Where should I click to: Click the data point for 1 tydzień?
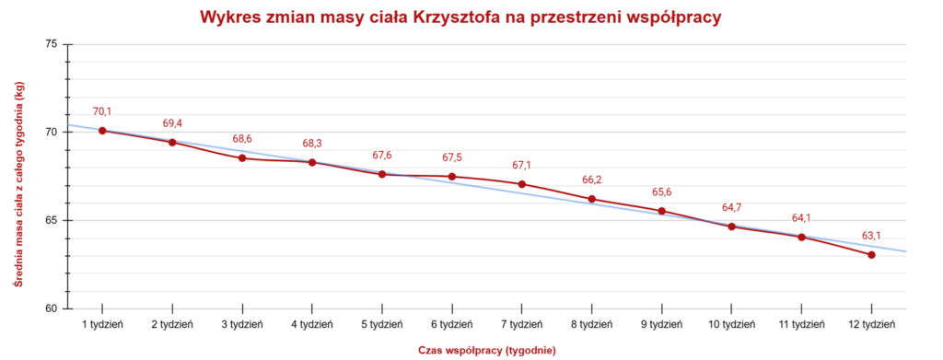102,131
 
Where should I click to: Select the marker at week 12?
871,255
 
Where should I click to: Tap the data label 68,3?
312,144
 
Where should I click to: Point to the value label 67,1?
522,165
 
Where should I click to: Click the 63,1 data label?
871,236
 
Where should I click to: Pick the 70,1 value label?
102,111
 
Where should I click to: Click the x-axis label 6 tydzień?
452,325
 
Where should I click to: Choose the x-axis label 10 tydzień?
731,325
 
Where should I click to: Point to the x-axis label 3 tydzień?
242,325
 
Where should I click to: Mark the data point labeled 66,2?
592,199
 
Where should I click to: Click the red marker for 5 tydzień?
382,174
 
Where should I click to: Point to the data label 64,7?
731,207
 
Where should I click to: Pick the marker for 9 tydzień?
662,212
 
